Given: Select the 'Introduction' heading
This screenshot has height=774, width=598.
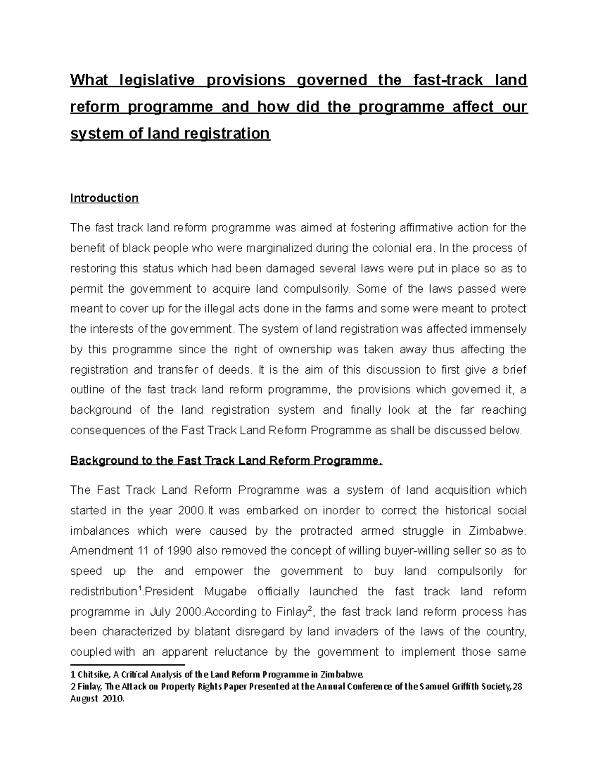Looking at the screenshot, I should (104, 198).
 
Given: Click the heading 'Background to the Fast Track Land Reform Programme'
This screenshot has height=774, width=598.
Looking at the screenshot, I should (226, 461).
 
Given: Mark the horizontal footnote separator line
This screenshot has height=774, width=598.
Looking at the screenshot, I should (128, 665).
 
